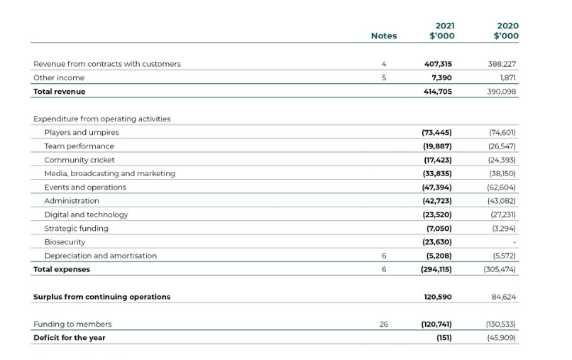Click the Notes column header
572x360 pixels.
point(384,36)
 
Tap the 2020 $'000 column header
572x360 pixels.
point(506,31)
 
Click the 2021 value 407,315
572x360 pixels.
point(437,64)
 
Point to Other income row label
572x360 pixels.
point(59,77)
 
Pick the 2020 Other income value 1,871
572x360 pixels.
point(507,77)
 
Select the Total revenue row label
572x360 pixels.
point(60,92)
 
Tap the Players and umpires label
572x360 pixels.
point(82,132)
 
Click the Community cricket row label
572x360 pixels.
point(79,160)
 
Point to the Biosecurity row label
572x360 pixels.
point(66,241)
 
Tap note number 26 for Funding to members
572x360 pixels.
point(384,324)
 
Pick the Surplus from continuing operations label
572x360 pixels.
point(102,296)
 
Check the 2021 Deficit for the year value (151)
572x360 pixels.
point(444,337)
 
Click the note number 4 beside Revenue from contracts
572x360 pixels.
point(384,64)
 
